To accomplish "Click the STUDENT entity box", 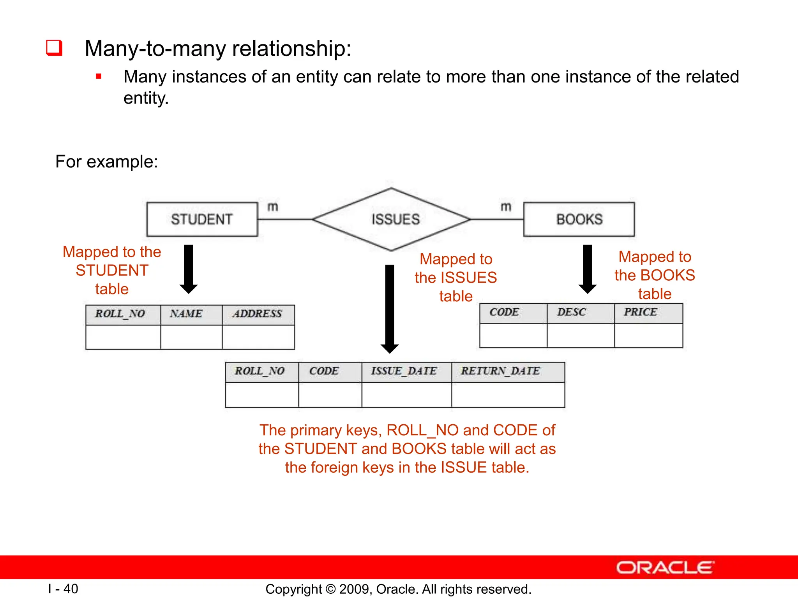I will click(202, 219).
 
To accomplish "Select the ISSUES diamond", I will click(392, 220).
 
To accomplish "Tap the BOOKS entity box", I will click(579, 219).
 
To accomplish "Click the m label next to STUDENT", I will click(273, 207).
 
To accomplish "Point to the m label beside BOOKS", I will click(506, 207).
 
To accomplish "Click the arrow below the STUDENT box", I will click(189, 269).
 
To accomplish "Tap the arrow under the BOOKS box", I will click(588, 269).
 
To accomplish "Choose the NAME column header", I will click(186, 314).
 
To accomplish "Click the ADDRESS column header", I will click(258, 314).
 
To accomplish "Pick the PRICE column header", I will click(641, 312).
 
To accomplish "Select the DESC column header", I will click(572, 312).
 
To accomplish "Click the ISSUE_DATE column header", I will click(404, 371).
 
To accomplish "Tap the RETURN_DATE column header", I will click(501, 371).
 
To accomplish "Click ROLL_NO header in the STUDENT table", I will click(120, 314).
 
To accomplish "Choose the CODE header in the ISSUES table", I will click(324, 371).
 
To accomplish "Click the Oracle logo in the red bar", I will click(666, 567).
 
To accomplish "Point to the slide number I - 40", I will click(63, 589).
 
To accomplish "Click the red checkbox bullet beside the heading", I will click(55, 48).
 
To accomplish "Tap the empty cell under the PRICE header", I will click(648, 335).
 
